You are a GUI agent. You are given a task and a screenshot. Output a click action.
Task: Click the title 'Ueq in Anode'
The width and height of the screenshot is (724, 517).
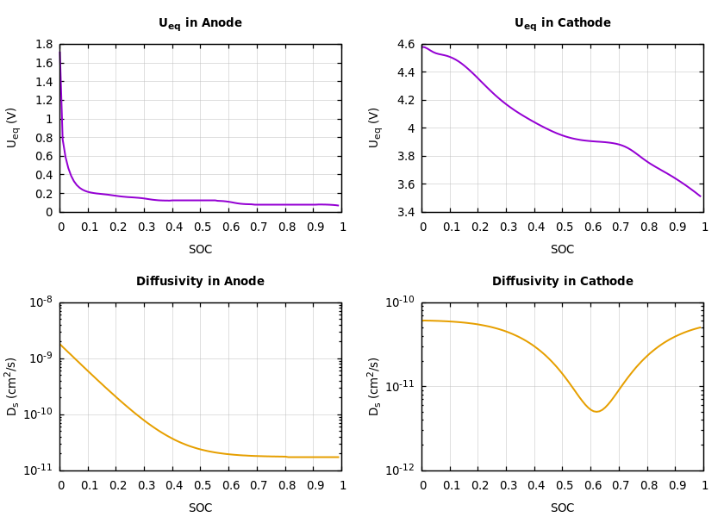(x=200, y=23)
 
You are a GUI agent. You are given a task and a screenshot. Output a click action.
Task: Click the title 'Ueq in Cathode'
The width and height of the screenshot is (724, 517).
(x=562, y=23)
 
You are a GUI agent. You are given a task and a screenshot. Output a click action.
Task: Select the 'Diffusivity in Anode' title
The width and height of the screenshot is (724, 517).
(x=200, y=282)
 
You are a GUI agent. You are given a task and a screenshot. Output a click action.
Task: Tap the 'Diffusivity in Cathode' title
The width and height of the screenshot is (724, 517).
(x=562, y=282)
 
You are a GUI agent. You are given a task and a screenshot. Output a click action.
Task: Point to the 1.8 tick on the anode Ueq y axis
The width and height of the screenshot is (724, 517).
(x=43, y=45)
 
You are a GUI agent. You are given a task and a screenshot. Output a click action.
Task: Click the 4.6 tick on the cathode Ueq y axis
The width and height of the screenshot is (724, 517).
(x=405, y=45)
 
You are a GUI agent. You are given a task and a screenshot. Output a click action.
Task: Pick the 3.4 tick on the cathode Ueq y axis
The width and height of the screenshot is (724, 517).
(x=405, y=212)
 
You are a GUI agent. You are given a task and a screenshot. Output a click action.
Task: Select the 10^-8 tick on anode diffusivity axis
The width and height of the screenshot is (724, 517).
(x=41, y=302)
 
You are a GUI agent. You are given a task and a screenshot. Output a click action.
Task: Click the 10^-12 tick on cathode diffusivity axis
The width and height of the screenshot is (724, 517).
(x=401, y=470)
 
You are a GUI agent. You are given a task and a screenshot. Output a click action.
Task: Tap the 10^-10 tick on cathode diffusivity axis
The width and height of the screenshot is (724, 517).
(x=401, y=302)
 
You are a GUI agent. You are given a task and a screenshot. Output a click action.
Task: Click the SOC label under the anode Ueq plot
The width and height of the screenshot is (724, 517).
(x=200, y=250)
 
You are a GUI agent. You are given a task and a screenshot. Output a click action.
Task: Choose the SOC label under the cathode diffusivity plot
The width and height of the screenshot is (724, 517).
(x=562, y=508)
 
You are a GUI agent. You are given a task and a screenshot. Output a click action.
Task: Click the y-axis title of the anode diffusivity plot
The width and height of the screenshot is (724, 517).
(x=13, y=386)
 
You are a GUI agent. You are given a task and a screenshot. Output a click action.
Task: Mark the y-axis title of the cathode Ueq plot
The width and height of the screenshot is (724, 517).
(x=375, y=128)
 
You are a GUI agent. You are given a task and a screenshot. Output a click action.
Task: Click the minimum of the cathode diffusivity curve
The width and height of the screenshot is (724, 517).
(x=596, y=412)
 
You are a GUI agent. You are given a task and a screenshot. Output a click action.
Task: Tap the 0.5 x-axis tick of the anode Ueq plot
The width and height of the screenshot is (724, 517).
(x=201, y=227)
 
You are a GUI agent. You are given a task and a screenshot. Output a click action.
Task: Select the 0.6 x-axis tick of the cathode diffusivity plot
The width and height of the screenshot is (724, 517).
(x=591, y=486)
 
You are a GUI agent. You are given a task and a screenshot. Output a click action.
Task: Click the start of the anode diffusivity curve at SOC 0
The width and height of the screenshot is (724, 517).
(x=60, y=345)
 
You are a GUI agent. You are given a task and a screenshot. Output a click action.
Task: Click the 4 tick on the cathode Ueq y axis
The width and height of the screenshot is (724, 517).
(x=411, y=128)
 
